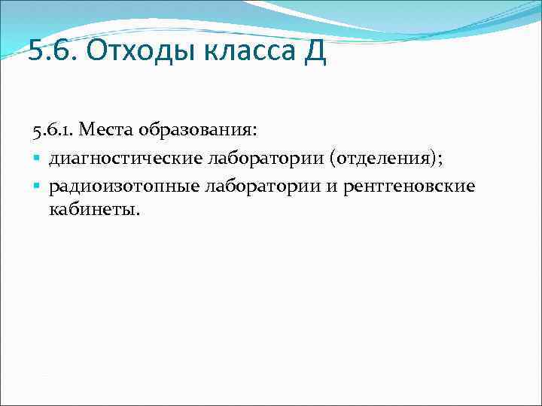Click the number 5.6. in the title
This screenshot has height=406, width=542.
[53, 53]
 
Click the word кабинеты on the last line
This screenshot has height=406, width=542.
[93, 208]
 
